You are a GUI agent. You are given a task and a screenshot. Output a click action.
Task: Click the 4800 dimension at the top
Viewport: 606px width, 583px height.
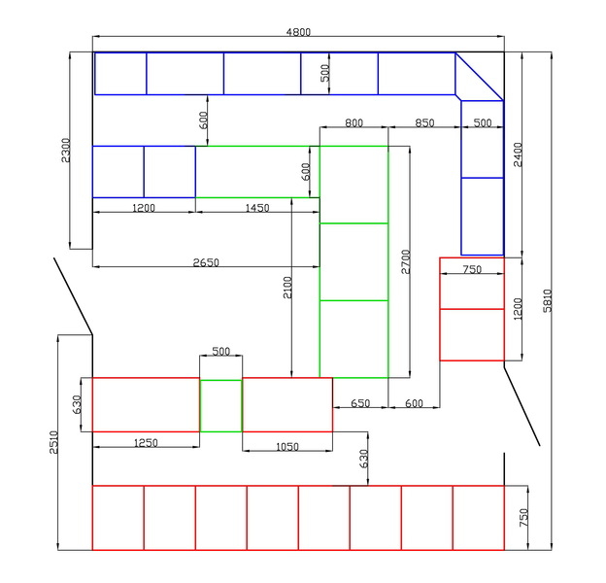pyautogui.click(x=298, y=32)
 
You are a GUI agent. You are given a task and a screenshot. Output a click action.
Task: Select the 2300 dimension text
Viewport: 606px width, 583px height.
pyautogui.click(x=65, y=151)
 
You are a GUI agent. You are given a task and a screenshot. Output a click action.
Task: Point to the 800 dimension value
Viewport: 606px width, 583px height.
pyautogui.click(x=353, y=123)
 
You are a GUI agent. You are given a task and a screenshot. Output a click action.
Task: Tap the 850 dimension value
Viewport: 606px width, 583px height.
pyautogui.click(x=424, y=123)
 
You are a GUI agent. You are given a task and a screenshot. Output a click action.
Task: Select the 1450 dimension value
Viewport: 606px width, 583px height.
pyautogui.click(x=257, y=208)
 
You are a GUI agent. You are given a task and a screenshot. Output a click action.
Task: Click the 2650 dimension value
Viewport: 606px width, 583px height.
pyautogui.click(x=205, y=262)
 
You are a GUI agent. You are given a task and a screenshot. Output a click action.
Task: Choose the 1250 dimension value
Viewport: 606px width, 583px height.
pyautogui.click(x=146, y=443)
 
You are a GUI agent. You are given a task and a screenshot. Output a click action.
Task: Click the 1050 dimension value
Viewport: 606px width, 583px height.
pyautogui.click(x=286, y=447)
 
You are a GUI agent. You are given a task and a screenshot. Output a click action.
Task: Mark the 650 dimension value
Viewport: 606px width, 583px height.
pyautogui.click(x=360, y=403)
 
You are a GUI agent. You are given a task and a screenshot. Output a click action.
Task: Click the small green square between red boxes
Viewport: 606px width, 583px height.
pyautogui.click(x=220, y=405)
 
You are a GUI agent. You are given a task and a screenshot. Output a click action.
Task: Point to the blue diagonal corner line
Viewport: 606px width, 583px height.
pyautogui.click(x=479, y=76)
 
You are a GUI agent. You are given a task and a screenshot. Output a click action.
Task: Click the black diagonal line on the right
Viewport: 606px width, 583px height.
pyautogui.click(x=522, y=404)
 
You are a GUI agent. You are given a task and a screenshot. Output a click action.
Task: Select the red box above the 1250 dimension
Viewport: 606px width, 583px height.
pyautogui.click(x=146, y=404)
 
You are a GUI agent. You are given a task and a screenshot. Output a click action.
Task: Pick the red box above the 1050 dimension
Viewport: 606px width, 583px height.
pyautogui.click(x=286, y=404)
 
